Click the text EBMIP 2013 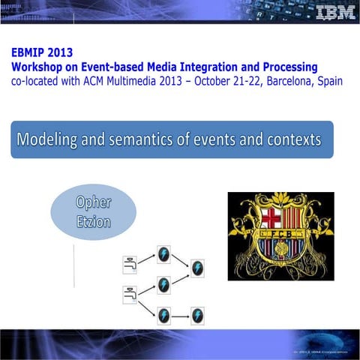coord(43,54)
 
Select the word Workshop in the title coord(43,67)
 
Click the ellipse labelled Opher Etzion coord(94,211)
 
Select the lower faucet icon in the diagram coord(129,295)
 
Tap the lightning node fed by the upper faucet coord(163,253)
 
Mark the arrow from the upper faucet coord(146,259)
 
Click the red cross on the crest coord(268,219)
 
